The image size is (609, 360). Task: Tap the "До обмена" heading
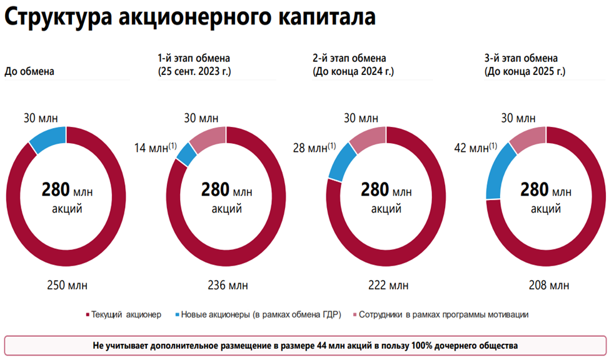pyautogui.click(x=29, y=71)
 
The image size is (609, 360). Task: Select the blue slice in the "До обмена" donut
pyautogui.click(x=48, y=139)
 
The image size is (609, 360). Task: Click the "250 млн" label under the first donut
pyautogui.click(x=68, y=286)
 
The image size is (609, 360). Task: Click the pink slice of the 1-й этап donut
pyautogui.click(x=207, y=138)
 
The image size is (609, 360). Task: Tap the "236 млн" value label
pyautogui.click(x=228, y=286)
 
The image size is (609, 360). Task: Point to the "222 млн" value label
pyautogui.click(x=388, y=286)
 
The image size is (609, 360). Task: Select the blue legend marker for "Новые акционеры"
pyautogui.click(x=178, y=314)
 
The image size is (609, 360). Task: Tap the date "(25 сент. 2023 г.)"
pyautogui.click(x=194, y=71)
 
